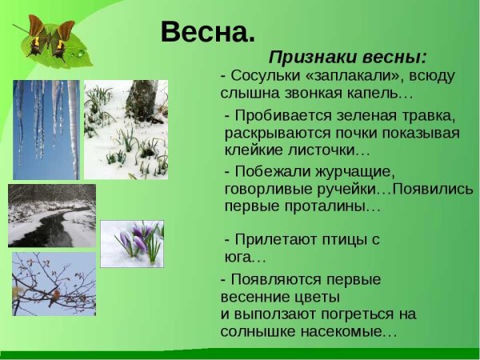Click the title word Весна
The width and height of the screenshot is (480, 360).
pos(207,32)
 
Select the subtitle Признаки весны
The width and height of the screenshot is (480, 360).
pos(347,58)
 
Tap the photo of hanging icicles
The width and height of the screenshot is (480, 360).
pos(46,128)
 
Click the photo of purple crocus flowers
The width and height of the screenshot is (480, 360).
pos(132,243)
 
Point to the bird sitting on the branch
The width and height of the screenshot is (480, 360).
pos(54,298)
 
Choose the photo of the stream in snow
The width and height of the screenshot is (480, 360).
pos(52,215)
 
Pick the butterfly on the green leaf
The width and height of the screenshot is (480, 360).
pos(50,40)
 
